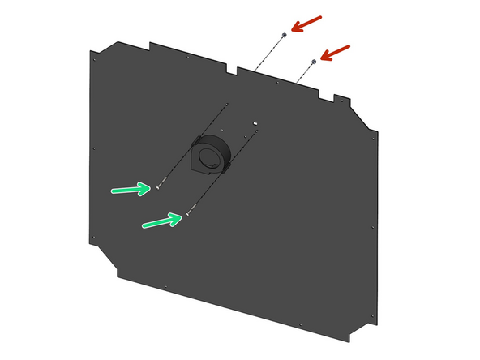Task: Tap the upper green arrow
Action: (131, 190)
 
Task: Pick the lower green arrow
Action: (161, 220)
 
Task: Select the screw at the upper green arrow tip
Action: (158, 187)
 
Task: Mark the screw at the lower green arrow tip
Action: (187, 215)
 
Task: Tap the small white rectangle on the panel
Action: (255, 123)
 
